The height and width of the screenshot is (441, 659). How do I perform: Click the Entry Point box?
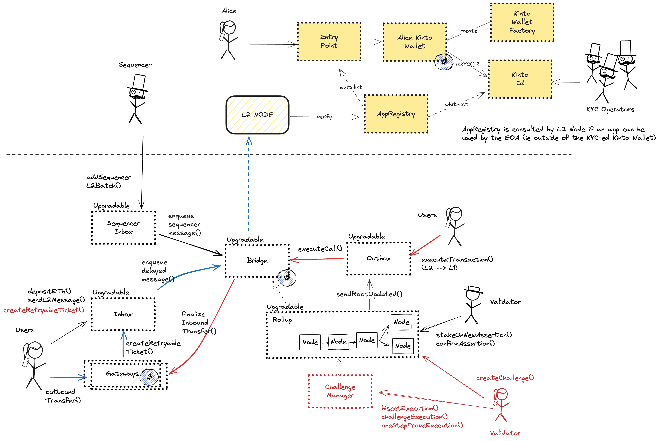pyautogui.click(x=329, y=41)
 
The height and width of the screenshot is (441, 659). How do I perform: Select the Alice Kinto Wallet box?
pyautogui.click(x=415, y=42)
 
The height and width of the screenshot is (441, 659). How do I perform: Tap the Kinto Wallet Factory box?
pyautogui.click(x=522, y=22)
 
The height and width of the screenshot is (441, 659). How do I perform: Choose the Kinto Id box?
pyautogui.click(x=520, y=79)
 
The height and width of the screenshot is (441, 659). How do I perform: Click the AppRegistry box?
pyautogui.click(x=396, y=114)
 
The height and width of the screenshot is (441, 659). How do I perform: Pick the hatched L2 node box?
pyautogui.click(x=257, y=115)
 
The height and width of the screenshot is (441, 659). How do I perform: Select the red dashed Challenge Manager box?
pyautogui.click(x=340, y=391)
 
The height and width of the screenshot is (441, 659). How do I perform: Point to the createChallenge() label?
pyautogui.click(x=505, y=378)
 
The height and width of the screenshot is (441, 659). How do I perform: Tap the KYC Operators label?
pyautogui.click(x=610, y=109)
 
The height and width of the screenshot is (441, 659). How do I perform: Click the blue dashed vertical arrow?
pyautogui.click(x=249, y=186)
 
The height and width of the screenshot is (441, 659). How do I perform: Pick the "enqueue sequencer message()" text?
pyautogui.click(x=184, y=225)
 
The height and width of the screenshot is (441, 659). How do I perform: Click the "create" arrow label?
pyautogui.click(x=468, y=31)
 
